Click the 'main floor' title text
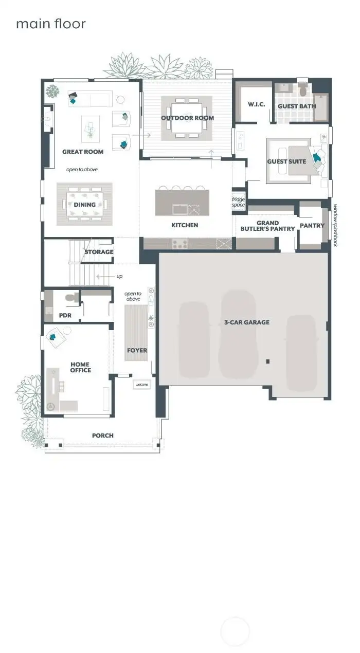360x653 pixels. point(51,24)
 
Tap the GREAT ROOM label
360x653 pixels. point(83,152)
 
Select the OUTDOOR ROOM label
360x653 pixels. point(187,118)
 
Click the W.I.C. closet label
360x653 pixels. point(256,105)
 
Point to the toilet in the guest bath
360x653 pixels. point(302,90)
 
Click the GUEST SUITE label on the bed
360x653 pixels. point(286,161)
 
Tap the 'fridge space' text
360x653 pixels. point(238,202)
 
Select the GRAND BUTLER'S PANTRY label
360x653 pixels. point(267,226)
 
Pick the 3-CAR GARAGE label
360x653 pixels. point(247,322)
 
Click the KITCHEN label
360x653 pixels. point(185,225)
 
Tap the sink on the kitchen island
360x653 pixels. point(180,209)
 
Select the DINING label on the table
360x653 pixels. point(84,205)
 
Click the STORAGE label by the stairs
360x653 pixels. point(99,252)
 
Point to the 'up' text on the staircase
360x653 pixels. point(119,277)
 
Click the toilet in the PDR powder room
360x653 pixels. point(71,297)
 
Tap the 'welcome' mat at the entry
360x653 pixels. point(141,385)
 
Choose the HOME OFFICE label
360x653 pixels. point(80,368)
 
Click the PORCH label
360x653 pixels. point(103,436)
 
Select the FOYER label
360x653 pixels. point(137,351)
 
